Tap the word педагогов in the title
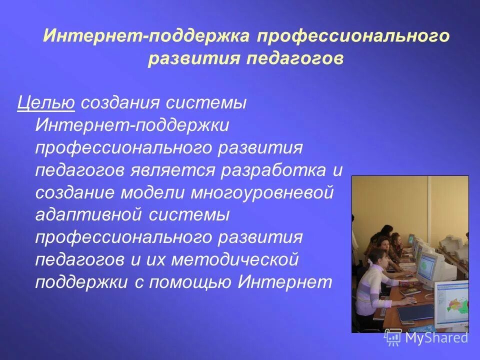(x=295, y=58)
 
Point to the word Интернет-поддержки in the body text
(x=132, y=125)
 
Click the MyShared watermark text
(x=436, y=337)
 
